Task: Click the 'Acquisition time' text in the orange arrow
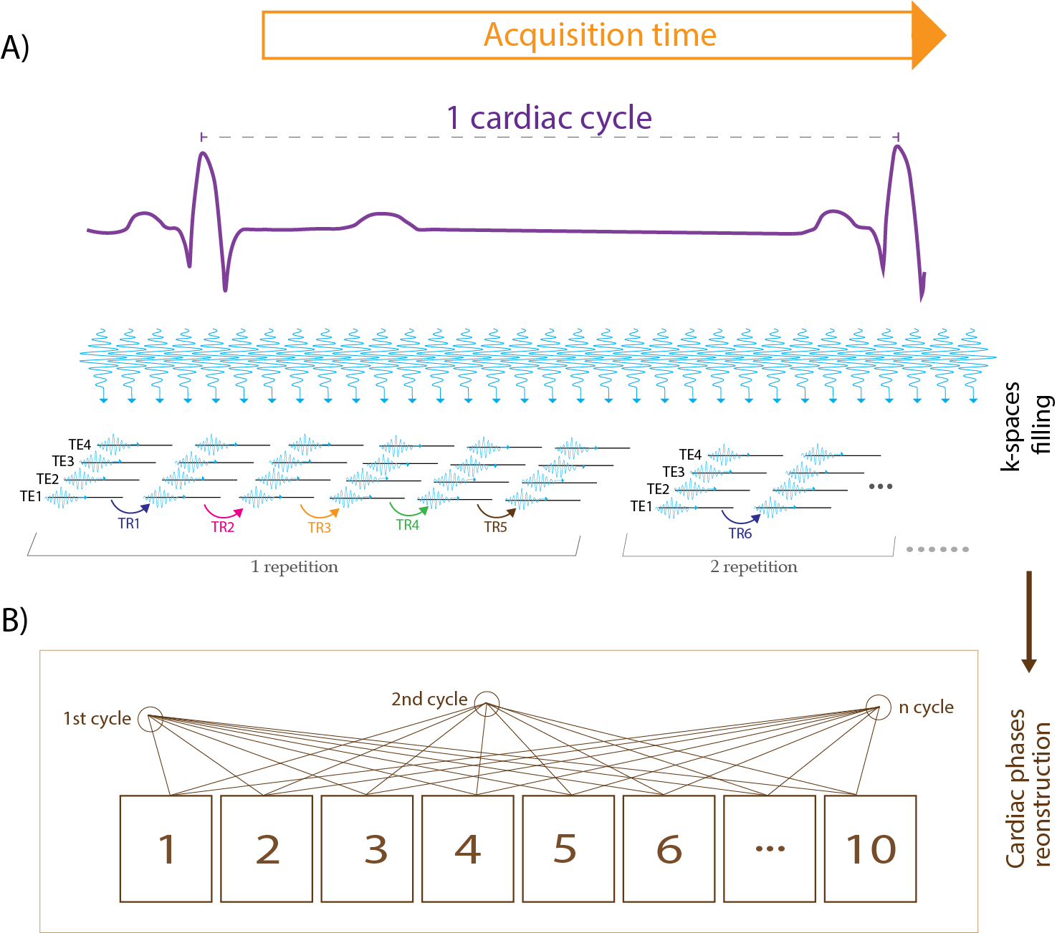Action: pos(600,34)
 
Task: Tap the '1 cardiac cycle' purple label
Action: pos(549,118)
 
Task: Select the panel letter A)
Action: pos(15,48)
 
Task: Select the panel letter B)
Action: pos(15,619)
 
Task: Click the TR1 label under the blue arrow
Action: pos(128,523)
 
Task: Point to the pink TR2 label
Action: pos(223,527)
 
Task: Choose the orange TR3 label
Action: pos(320,528)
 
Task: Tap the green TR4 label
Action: pos(407,525)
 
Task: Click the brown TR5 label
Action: pos(495,527)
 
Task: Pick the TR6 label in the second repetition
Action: pos(740,533)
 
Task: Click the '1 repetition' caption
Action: pos(295,567)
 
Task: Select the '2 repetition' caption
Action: pos(754,567)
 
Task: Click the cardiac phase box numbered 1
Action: pos(166,849)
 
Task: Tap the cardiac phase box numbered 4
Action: pos(468,849)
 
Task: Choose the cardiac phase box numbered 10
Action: pos(871,849)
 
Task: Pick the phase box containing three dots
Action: pos(770,849)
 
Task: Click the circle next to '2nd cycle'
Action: pos(487,703)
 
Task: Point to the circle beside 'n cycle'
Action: pos(878,707)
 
